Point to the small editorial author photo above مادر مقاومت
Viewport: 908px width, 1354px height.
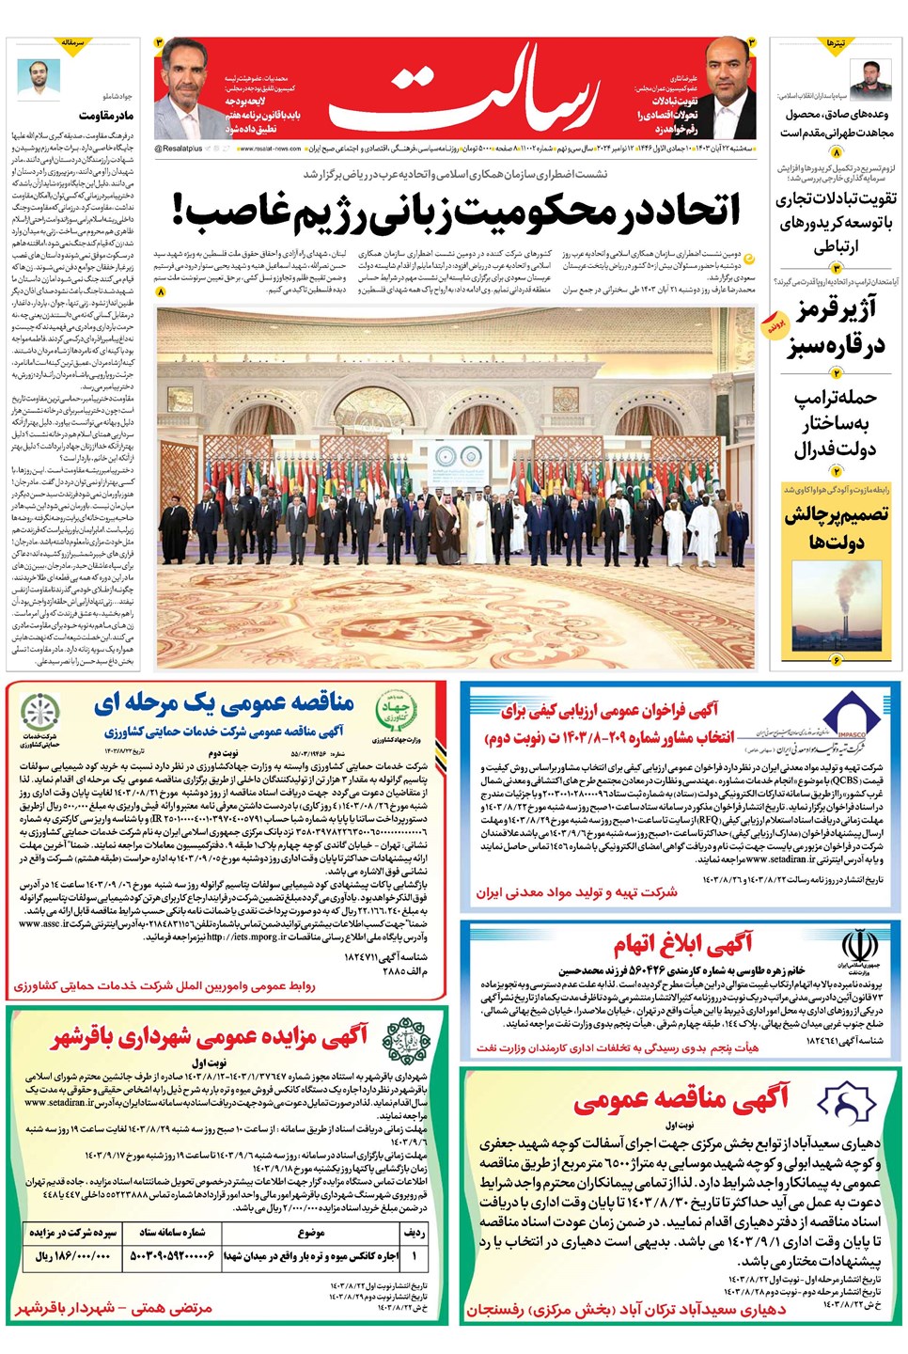pyautogui.click(x=39, y=77)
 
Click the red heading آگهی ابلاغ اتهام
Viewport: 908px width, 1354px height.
pyautogui.click(x=683, y=943)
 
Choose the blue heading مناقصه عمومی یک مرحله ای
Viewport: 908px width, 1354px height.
pyautogui.click(x=224, y=702)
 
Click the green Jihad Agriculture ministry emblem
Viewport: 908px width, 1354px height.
pyautogui.click(x=396, y=709)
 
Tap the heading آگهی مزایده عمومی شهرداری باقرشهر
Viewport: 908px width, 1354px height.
pyautogui.click(x=209, y=1036)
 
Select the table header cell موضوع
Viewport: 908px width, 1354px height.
pyautogui.click(x=310, y=1232)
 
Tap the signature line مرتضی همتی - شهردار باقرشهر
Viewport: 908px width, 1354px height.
pyautogui.click(x=114, y=1308)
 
